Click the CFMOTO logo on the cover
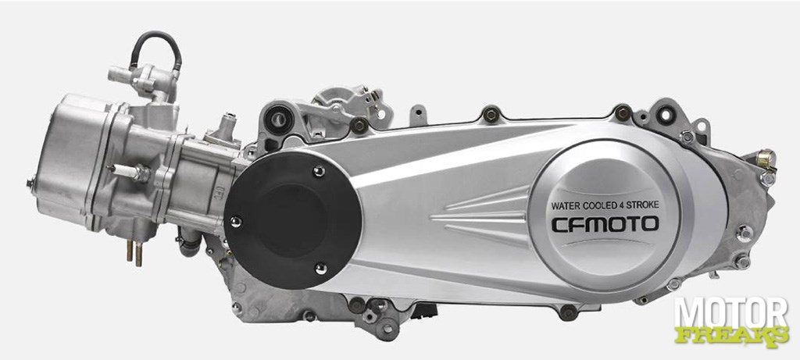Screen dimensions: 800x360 pyautogui.click(x=605, y=224)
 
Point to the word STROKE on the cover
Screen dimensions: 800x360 pyautogui.click(x=644, y=205)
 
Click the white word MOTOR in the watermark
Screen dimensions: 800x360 pyautogui.click(x=731, y=313)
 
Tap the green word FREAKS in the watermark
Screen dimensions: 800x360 pyautogui.click(x=731, y=335)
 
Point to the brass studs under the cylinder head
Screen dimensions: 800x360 pyautogui.click(x=134, y=252)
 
